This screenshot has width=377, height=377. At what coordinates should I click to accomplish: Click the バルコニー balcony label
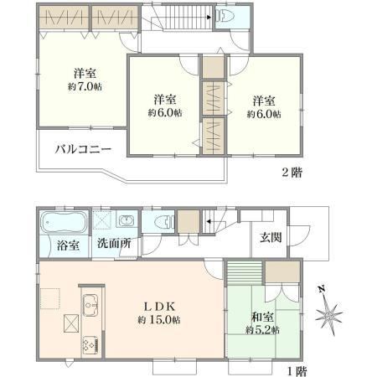(x=83, y=149)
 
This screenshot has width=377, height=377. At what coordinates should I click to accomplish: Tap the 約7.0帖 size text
(x=85, y=86)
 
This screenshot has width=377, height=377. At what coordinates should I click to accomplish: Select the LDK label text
(x=159, y=307)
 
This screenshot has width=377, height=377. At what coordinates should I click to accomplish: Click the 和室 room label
(x=262, y=318)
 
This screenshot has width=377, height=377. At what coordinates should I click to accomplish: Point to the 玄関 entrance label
(x=271, y=237)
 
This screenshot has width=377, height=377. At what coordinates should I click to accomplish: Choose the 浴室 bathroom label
(x=68, y=245)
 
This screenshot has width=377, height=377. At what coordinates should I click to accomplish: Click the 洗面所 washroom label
(x=114, y=244)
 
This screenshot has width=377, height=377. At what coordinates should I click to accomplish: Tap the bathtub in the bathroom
(x=64, y=221)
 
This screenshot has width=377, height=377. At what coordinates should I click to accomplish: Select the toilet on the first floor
(x=164, y=222)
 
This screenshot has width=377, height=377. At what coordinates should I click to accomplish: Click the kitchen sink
(x=90, y=305)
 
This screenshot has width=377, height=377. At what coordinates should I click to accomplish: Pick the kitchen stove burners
(x=90, y=345)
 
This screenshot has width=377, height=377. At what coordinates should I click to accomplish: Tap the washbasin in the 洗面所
(x=127, y=221)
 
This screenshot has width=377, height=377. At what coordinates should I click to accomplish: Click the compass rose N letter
(x=322, y=289)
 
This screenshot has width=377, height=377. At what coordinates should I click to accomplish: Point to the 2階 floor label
(x=292, y=173)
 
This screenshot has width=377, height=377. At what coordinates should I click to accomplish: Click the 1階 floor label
(x=297, y=371)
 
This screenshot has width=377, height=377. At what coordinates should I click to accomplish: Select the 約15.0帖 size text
(x=159, y=320)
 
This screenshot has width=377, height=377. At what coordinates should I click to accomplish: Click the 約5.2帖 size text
(x=262, y=330)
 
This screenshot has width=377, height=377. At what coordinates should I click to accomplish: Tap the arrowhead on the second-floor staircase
(x=209, y=18)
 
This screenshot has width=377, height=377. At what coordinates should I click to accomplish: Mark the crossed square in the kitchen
(x=71, y=323)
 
